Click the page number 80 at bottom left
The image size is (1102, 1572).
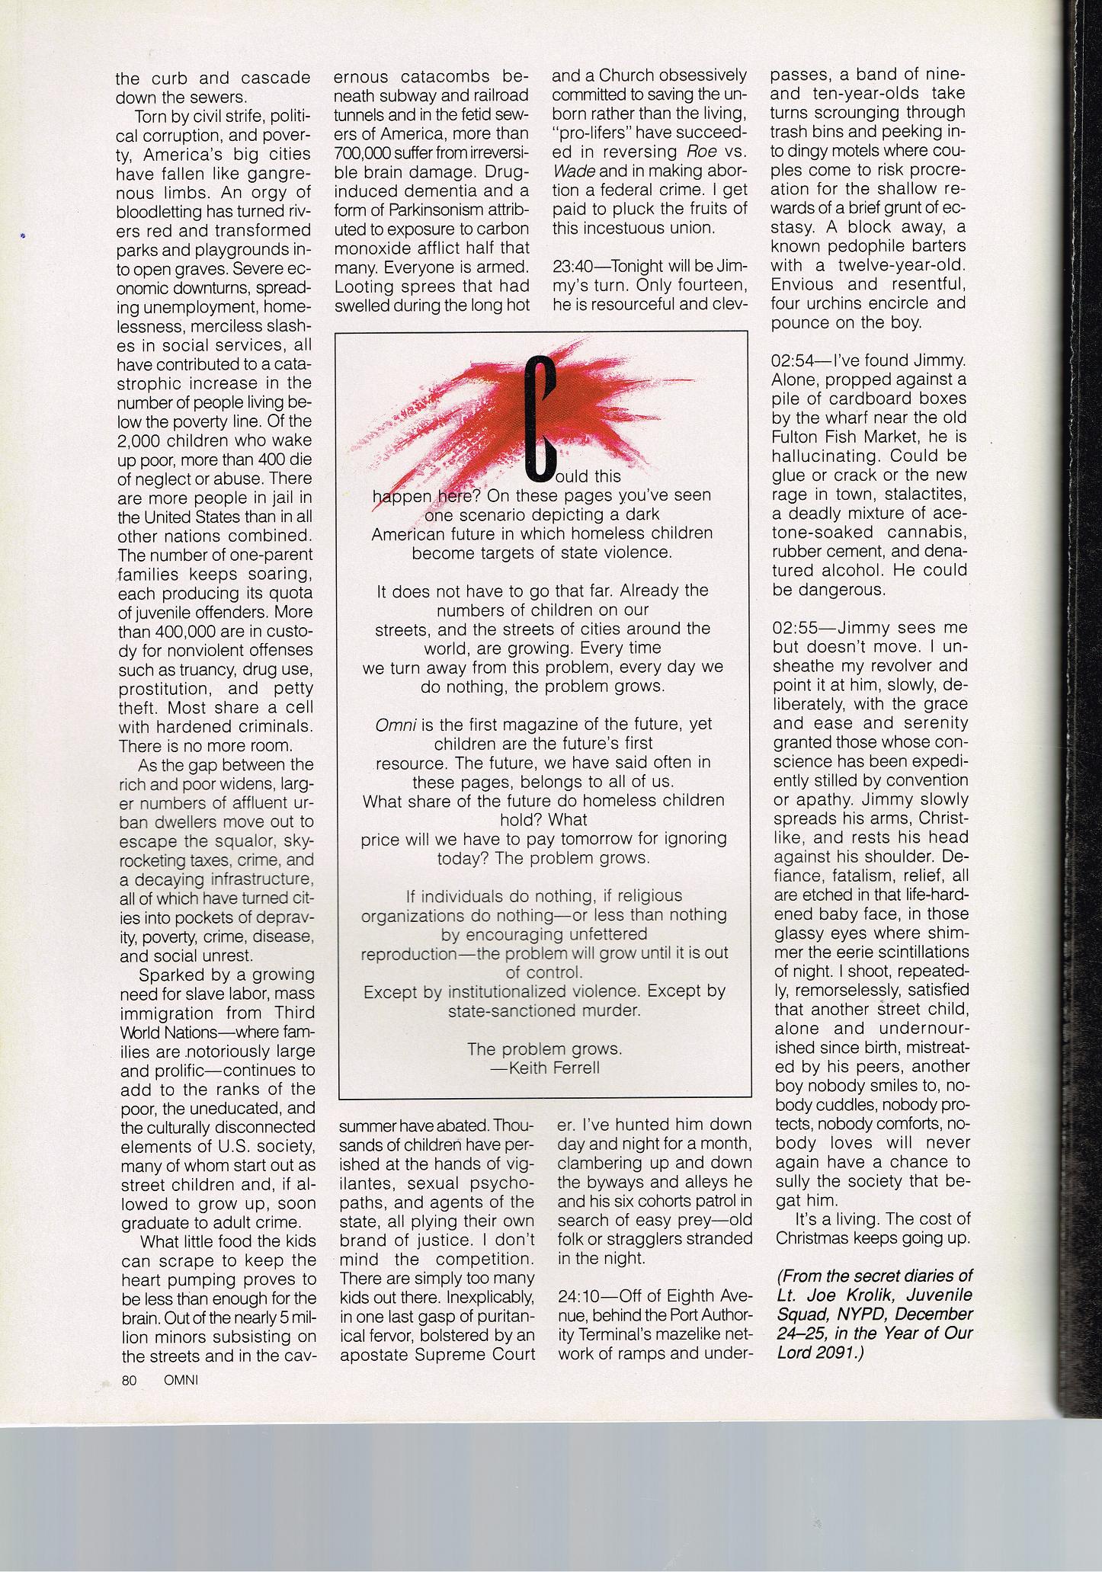129,1380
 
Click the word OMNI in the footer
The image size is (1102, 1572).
181,1380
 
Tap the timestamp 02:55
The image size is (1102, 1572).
793,628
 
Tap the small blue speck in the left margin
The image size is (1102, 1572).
24,237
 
